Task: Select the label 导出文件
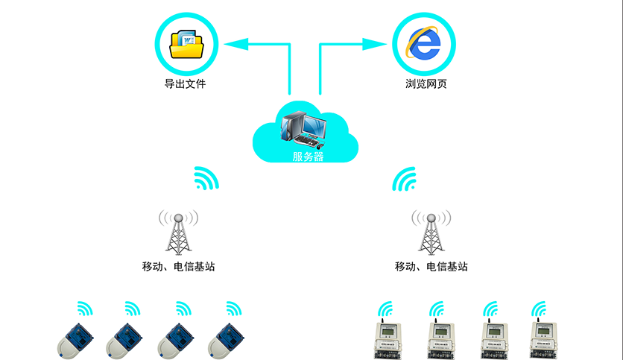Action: pos(185,84)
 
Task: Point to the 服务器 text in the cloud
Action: pos(308,156)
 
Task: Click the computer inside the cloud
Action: pos(303,127)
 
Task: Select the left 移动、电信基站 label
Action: pos(179,266)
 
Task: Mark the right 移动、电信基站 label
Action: pos(431,266)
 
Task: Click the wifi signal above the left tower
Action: pos(206,179)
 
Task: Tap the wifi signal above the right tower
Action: pos(405,179)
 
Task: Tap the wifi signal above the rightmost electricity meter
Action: pos(538,309)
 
